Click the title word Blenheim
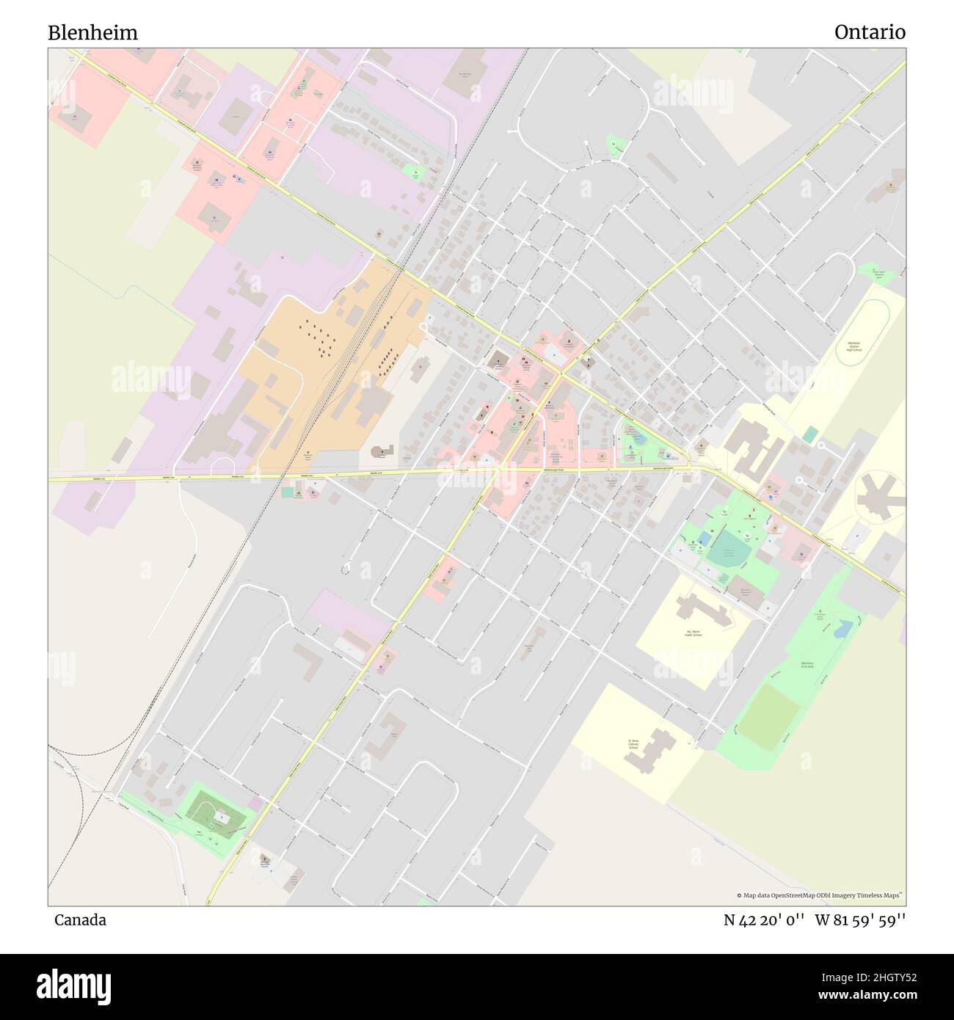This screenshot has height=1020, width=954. coord(92,33)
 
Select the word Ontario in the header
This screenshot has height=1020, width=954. coord(870,33)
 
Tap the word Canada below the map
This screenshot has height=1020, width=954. coord(80,920)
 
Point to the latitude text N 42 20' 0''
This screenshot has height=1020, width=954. coord(764,920)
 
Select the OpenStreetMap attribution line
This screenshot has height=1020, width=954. coord(820,895)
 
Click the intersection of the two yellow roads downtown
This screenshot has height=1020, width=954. coord(562,374)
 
